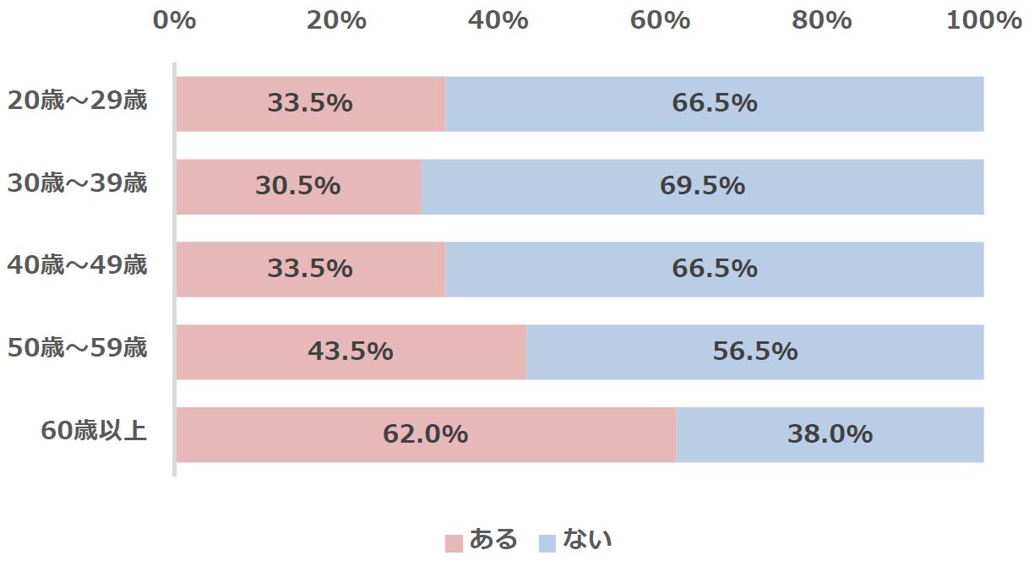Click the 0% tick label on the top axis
tap(175, 21)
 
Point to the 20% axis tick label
tap(336, 21)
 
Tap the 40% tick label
tap(498, 21)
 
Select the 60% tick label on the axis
tap(660, 21)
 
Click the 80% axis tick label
tap(821, 21)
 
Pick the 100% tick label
tap(983, 21)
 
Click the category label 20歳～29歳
tap(78, 101)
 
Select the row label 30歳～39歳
tap(78, 183)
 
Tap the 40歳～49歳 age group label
tap(78, 266)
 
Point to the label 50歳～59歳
tap(78, 348)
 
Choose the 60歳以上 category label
tap(95, 431)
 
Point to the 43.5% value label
tap(350, 351)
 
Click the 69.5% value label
tap(702, 186)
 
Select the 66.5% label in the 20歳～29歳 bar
tap(715, 103)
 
